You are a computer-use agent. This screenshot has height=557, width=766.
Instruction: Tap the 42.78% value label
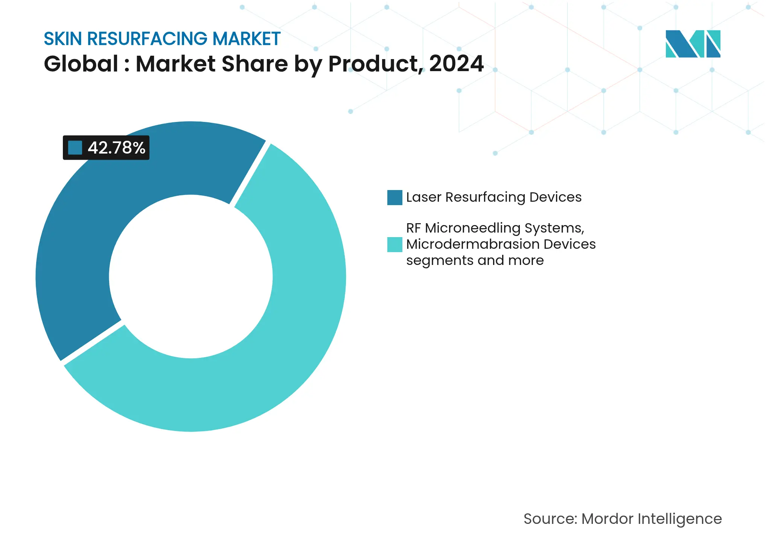pyautogui.click(x=116, y=148)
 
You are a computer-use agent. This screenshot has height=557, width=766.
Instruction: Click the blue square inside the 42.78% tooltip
pyautogui.click(x=75, y=148)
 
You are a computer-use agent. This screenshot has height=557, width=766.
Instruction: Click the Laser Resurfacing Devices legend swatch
pyautogui.click(x=394, y=198)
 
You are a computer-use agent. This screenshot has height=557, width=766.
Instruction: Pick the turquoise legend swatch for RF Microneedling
pyautogui.click(x=394, y=245)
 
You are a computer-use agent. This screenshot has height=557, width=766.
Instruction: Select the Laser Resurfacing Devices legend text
pyautogui.click(x=493, y=197)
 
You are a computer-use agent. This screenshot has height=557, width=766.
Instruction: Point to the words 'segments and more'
pyautogui.click(x=475, y=260)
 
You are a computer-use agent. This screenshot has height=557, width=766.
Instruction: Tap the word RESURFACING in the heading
pyautogui.click(x=147, y=39)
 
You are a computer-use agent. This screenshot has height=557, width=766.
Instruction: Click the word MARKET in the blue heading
pyautogui.click(x=247, y=39)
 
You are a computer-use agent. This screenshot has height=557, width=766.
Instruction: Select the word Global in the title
pyautogui.click(x=81, y=64)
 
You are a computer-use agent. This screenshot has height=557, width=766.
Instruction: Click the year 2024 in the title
pyautogui.click(x=456, y=64)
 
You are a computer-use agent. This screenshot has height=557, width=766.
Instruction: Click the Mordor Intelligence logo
pyautogui.click(x=693, y=44)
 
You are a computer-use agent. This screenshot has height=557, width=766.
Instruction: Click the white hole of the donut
pyautogui.click(x=191, y=277)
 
